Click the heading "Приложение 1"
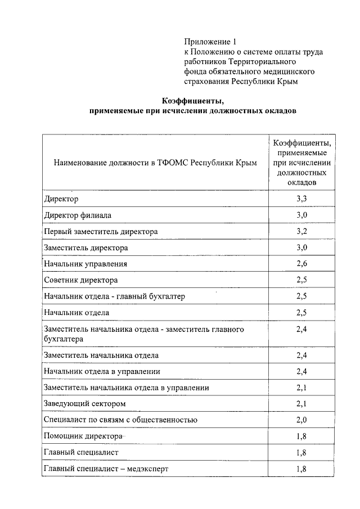(207, 42)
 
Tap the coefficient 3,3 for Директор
(301, 199)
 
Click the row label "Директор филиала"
(77, 215)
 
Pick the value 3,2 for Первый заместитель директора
(301, 231)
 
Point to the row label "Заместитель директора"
(85, 247)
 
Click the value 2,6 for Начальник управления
(301, 263)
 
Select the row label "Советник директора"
(80, 280)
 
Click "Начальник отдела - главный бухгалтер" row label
(114, 296)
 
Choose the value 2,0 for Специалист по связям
(301, 420)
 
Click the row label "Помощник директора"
(83, 436)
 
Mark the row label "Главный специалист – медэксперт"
(106, 469)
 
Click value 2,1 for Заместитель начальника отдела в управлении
(301, 388)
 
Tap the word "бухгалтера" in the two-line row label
(64, 339)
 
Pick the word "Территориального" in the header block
(265, 62)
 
